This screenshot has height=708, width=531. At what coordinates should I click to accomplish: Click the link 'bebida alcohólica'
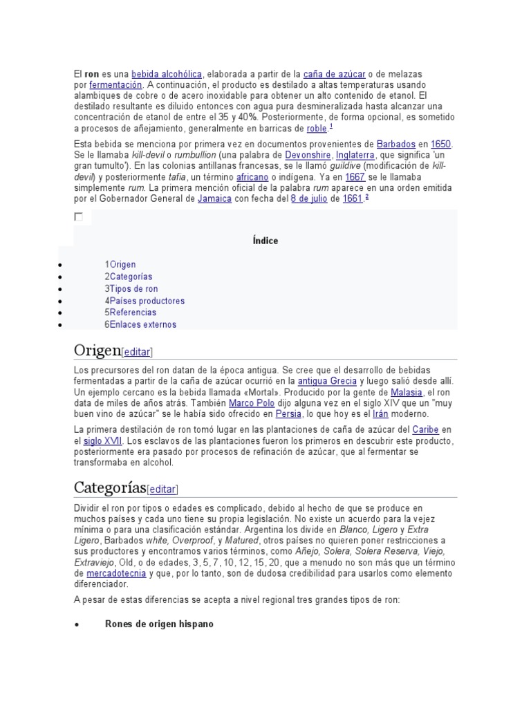click(x=167, y=74)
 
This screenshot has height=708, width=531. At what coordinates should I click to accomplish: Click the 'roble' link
click(x=316, y=128)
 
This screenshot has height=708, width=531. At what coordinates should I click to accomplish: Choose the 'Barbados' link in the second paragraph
click(x=396, y=144)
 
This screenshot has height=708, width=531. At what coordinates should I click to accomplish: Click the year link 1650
click(x=440, y=144)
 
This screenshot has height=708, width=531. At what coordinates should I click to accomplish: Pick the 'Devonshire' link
click(x=308, y=155)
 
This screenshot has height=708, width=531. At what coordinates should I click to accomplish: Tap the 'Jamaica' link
click(x=214, y=198)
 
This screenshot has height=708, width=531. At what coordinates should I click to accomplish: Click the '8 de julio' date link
click(x=308, y=198)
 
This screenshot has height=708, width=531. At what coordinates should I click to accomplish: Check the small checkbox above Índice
click(x=78, y=216)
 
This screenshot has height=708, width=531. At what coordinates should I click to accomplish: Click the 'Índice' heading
click(x=265, y=241)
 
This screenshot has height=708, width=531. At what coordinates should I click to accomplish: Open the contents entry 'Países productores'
click(x=147, y=301)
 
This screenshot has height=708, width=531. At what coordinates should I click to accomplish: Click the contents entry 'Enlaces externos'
click(x=143, y=324)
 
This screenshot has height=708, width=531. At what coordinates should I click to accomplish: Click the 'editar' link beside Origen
click(x=137, y=352)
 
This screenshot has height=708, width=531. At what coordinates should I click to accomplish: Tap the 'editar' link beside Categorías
click(x=162, y=490)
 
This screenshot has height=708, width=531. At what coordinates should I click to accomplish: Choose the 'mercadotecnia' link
click(x=115, y=574)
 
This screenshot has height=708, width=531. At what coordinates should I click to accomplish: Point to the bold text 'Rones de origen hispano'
click(x=159, y=624)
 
